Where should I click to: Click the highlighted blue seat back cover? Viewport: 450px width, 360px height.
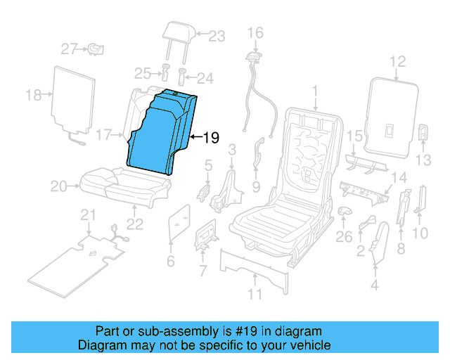click(x=158, y=134)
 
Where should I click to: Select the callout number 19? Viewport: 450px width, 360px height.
click(x=211, y=139)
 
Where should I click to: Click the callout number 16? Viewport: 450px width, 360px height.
click(x=255, y=32)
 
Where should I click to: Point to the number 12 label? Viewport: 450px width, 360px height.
click(x=398, y=62)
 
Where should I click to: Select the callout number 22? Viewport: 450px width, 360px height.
click(x=134, y=224)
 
